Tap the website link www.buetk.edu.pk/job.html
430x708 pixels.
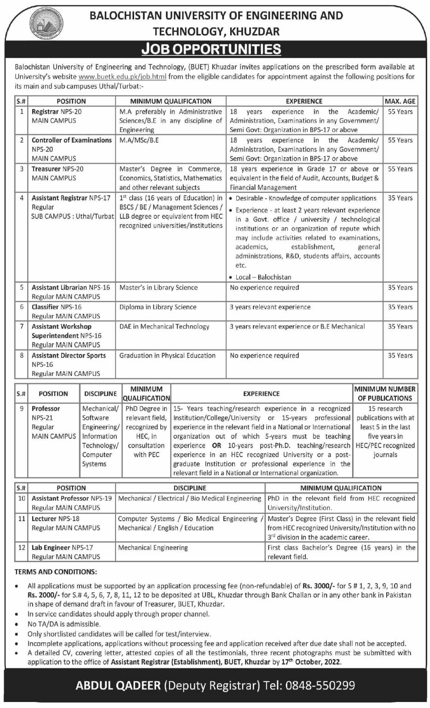(122, 77)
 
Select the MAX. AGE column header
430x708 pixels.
(400, 101)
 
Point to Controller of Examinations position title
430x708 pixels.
(71, 140)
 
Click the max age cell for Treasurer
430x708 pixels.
(400, 169)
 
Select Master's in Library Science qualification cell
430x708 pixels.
(158, 288)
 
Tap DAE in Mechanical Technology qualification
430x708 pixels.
(164, 326)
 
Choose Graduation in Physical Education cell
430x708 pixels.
(167, 355)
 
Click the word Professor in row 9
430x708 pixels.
(46, 408)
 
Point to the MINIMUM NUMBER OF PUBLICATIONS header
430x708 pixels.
(385, 394)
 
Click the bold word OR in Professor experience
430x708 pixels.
(216, 446)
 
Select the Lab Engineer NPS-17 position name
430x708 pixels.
(62, 548)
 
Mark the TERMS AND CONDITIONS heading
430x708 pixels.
(56, 572)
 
